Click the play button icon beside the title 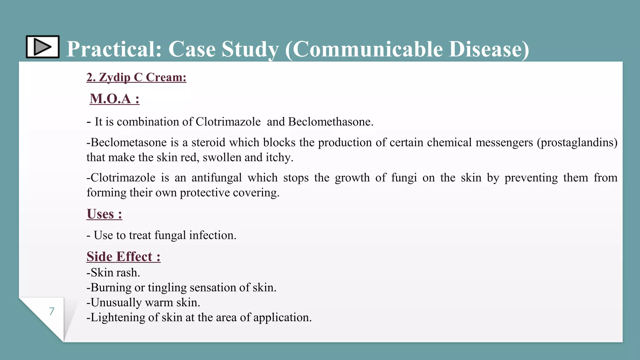point(42,47)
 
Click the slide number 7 point(52,311)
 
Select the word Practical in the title point(114,49)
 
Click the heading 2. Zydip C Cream point(136,77)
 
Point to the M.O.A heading point(114,99)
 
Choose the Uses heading point(104,214)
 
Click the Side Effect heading point(123,257)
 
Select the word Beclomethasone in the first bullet point(330,122)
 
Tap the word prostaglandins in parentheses point(577,142)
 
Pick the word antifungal point(217,178)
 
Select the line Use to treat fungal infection point(165,235)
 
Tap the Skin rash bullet point(113,272)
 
